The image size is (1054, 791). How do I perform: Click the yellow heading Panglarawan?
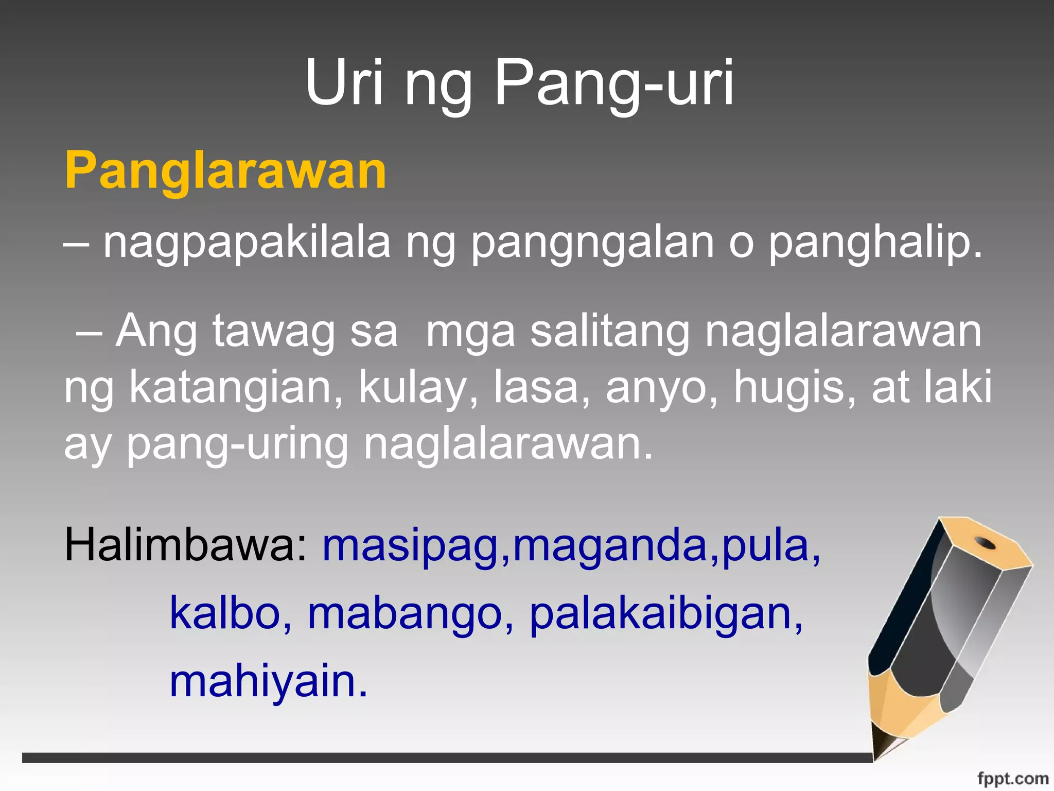click(x=225, y=170)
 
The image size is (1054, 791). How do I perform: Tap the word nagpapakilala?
click(x=247, y=243)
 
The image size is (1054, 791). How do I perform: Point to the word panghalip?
click(x=875, y=243)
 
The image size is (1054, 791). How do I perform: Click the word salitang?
click(x=610, y=332)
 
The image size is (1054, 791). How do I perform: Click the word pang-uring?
click(x=238, y=444)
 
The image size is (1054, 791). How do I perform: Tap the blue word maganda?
click(x=610, y=546)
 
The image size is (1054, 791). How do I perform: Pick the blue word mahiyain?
click(x=268, y=682)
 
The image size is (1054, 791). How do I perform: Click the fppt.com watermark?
click(x=1012, y=779)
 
